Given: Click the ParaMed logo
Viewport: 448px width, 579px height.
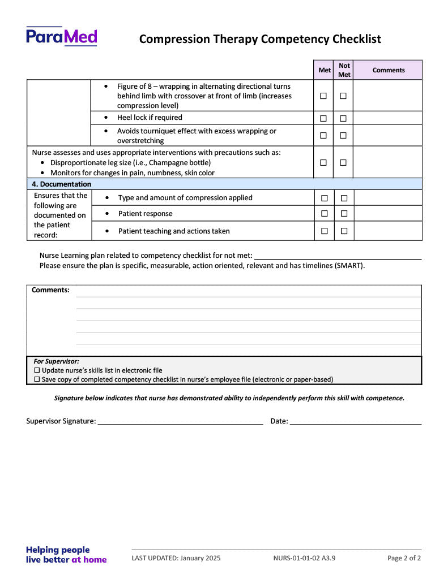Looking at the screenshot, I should click(61, 37).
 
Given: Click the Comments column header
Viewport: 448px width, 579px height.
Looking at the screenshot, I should click(389, 70).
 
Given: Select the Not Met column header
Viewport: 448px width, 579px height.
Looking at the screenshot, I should click(344, 70).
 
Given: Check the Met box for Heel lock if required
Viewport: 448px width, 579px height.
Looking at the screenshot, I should click(323, 118).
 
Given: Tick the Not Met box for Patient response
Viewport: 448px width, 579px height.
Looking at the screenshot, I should click(344, 214).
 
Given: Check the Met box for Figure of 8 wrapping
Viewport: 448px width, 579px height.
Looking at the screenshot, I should click(323, 96).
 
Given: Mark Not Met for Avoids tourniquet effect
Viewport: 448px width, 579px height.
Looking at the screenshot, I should click(343, 136).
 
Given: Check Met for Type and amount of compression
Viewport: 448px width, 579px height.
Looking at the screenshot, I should click(325, 198).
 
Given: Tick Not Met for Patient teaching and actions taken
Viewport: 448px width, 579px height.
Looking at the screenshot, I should click(344, 231).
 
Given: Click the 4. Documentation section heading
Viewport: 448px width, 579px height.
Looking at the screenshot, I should click(62, 184).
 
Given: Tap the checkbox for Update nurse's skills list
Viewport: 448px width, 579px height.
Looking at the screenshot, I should click(37, 370).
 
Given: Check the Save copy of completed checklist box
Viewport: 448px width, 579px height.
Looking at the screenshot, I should click(37, 379).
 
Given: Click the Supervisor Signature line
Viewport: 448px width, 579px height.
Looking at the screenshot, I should click(180, 421).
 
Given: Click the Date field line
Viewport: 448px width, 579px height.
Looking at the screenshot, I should click(356, 421).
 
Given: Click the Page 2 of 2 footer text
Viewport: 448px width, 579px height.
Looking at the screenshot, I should click(404, 558).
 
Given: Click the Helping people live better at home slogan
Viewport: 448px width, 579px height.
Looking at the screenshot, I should click(66, 555).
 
